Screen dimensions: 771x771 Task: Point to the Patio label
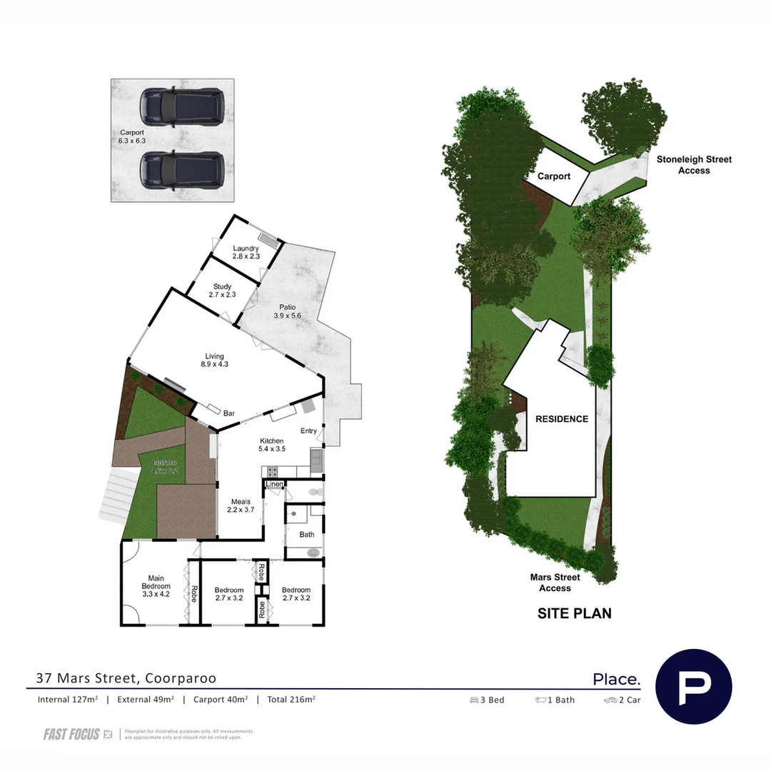click(x=287, y=308)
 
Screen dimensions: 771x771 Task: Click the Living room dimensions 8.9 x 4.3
click(x=214, y=365)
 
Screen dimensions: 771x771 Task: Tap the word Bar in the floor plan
click(x=230, y=413)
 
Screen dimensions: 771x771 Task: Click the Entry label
click(x=308, y=430)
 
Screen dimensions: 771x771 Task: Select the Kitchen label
click(x=271, y=441)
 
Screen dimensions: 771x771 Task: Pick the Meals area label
click(x=240, y=502)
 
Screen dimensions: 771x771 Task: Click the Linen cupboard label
click(x=274, y=485)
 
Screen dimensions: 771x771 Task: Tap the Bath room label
click(x=306, y=534)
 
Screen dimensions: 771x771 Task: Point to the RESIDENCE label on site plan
click(x=562, y=419)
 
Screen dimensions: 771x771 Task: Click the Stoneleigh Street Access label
click(x=694, y=165)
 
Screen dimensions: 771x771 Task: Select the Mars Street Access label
click(x=555, y=583)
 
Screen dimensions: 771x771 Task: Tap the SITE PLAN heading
click(x=574, y=613)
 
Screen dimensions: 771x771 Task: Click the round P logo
click(x=692, y=687)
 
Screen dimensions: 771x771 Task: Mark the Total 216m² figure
click(x=291, y=700)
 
